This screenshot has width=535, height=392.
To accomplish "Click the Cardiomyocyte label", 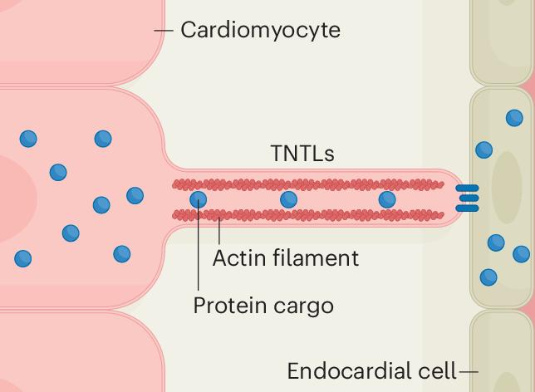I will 260,31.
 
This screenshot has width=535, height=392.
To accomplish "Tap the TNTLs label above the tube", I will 302,154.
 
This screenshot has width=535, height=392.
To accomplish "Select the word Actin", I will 236,257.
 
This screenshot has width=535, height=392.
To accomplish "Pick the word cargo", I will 302,306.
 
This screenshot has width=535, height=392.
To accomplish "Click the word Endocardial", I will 349,370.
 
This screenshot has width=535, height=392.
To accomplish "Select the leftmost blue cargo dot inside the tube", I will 199,199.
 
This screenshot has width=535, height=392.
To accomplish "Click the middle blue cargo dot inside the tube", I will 288,199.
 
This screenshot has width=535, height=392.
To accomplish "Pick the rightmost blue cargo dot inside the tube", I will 386,199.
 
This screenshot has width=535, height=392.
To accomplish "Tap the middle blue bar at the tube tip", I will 469,199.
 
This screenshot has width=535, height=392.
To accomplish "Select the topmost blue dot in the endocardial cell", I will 514,118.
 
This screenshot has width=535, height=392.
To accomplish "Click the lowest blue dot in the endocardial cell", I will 488,277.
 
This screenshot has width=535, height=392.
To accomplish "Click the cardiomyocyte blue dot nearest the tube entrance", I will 135,195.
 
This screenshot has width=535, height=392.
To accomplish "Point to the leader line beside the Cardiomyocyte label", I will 164,31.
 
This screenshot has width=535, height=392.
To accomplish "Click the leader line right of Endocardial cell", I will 469,371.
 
